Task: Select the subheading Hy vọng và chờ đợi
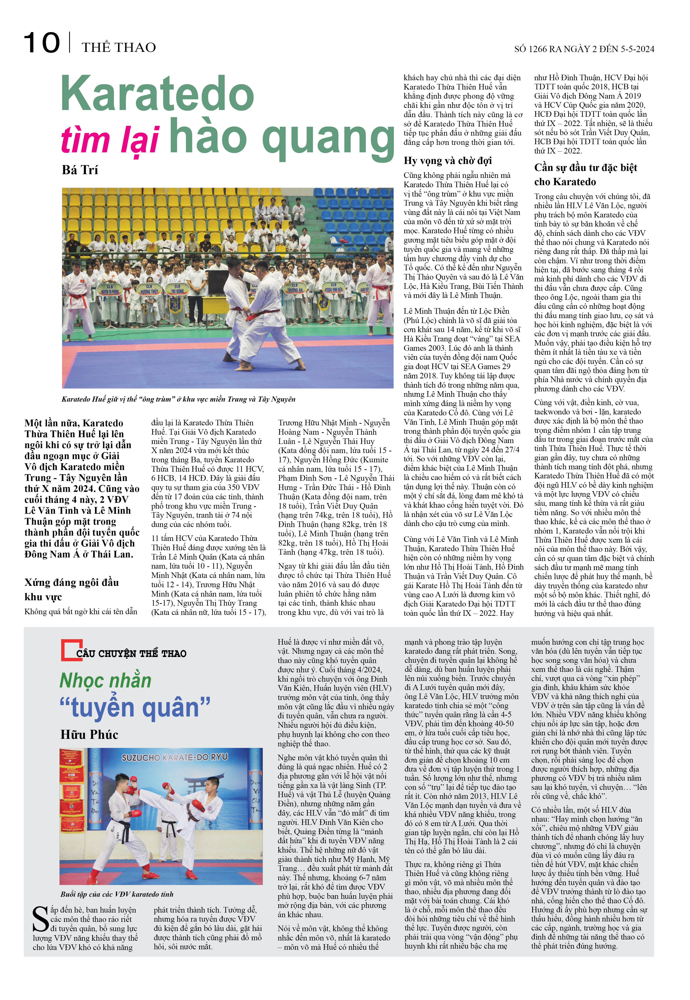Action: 447,161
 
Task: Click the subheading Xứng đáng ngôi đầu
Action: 71,583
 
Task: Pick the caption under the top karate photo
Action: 178,399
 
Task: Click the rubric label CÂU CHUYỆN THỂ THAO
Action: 131,653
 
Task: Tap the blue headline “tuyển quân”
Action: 135,708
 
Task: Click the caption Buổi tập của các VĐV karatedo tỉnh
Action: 117,894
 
